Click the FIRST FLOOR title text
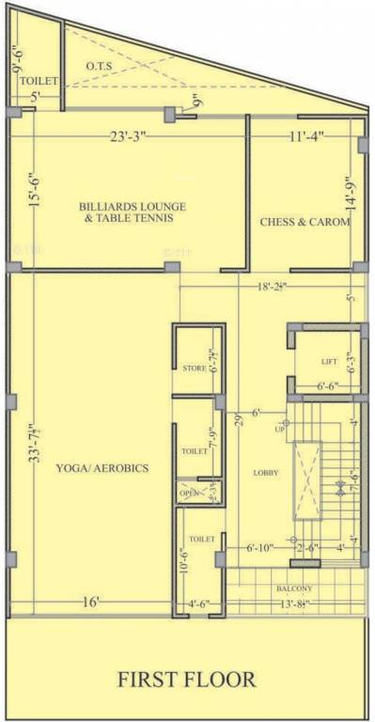186,679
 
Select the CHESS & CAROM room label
305,222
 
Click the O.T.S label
100,66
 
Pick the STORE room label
194,368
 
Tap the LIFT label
329,361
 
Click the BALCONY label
294,589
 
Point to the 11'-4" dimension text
305,136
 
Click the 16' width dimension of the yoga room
90,602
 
